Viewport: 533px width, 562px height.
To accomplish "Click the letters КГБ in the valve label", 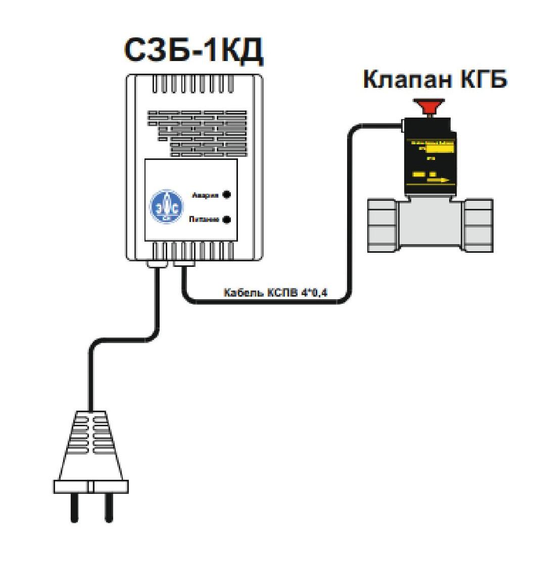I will click(482, 81).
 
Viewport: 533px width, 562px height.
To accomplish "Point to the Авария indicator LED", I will click(227, 195).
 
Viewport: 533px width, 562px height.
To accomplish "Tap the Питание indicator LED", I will click(227, 219).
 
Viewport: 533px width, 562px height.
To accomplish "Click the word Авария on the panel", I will click(205, 195).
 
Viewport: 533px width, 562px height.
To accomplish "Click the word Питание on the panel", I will click(203, 220).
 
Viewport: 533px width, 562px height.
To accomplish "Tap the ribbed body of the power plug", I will click(90, 439).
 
